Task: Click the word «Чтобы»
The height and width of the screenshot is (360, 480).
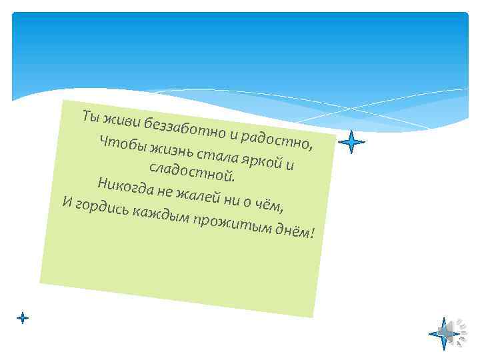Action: (x=122, y=143)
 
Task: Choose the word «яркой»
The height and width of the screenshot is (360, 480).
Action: (x=264, y=159)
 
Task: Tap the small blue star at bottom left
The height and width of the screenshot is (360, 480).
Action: (x=23, y=318)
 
